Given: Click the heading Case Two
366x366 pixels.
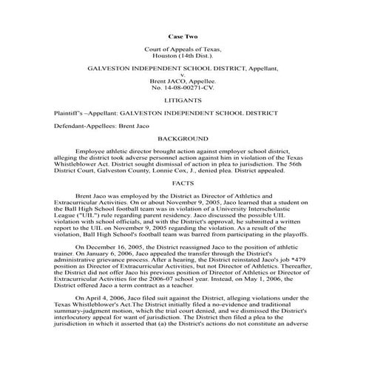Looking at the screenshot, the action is [183, 35].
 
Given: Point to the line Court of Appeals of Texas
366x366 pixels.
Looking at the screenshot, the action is [183, 49].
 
